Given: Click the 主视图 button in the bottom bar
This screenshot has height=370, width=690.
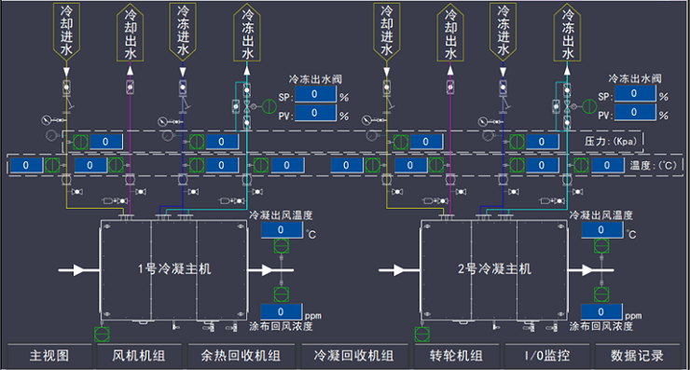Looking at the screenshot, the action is tap(49, 355).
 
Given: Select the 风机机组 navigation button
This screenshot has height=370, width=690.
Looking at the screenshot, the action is tap(139, 355).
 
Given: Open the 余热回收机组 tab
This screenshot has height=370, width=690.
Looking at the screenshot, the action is tap(241, 355).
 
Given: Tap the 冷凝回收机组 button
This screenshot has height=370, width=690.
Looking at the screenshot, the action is tap(353, 355).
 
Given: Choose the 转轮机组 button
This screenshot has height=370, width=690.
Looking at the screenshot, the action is tap(456, 355).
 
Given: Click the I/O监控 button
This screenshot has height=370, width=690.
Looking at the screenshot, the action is tap(547, 355).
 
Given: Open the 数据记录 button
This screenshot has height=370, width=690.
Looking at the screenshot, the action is tap(637, 355).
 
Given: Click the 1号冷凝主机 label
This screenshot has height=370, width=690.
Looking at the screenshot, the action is tap(174, 268).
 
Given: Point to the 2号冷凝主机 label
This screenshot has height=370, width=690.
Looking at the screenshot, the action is tap(494, 268).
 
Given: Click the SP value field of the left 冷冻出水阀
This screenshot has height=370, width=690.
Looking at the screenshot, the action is tap(314, 94).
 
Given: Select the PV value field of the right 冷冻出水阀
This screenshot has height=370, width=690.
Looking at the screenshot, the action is tap(634, 113).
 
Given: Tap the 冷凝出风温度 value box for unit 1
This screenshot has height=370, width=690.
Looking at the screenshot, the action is tap(282, 229).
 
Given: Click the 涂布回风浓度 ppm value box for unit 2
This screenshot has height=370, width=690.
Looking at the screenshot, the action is tap(601, 312).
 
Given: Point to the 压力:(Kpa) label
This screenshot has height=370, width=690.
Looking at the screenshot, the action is tap(611, 142).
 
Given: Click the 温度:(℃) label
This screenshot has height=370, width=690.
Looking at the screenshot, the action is tap(653, 165).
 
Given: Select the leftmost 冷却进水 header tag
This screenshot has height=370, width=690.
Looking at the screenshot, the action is tap(66, 32).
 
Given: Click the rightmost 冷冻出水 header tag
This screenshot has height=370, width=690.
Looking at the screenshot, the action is tap(567, 32).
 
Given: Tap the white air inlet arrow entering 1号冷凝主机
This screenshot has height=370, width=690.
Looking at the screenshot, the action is tap(79, 269).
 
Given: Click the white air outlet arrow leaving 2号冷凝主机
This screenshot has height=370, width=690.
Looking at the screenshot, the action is tap(590, 269).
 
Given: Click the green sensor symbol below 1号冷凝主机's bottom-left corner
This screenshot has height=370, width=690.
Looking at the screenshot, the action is tap(102, 334).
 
